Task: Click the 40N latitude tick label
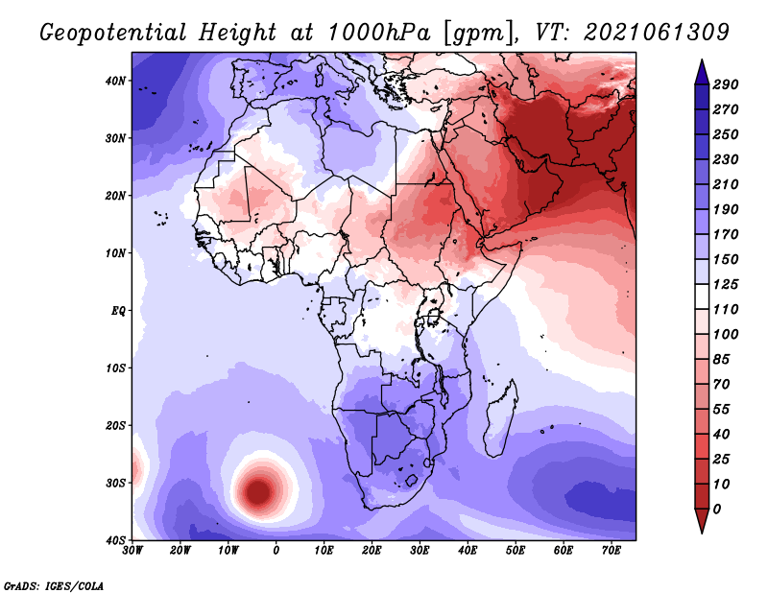click(115, 81)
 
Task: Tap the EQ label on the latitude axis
click(118, 311)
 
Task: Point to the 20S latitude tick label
click(115, 425)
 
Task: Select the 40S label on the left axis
click(115, 540)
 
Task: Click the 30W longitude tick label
click(132, 551)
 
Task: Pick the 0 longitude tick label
click(276, 551)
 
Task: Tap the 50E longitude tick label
click(516, 551)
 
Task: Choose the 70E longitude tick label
click(612, 551)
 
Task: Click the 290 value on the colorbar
click(726, 84)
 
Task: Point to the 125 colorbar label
click(726, 284)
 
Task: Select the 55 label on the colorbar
click(722, 410)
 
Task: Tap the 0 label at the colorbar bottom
click(717, 510)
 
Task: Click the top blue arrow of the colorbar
click(702, 72)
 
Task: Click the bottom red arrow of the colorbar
click(702, 521)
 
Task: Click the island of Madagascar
click(501, 419)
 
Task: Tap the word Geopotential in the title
click(113, 33)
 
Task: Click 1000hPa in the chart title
click(379, 33)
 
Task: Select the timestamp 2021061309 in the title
click(657, 33)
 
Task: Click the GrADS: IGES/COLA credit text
click(54, 586)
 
